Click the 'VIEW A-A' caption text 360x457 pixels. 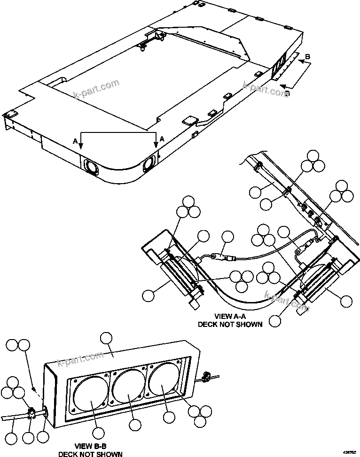[x=230, y=317]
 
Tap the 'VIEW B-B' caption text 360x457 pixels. [x=90, y=446]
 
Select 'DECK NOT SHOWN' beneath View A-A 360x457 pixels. [x=230, y=324]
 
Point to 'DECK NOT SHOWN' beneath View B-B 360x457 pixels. [x=90, y=454]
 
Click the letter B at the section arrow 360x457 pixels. [x=308, y=57]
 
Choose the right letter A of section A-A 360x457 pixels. [x=162, y=139]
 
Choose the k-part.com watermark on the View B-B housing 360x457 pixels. [x=80, y=359]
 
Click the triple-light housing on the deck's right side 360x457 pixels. [x=279, y=67]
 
